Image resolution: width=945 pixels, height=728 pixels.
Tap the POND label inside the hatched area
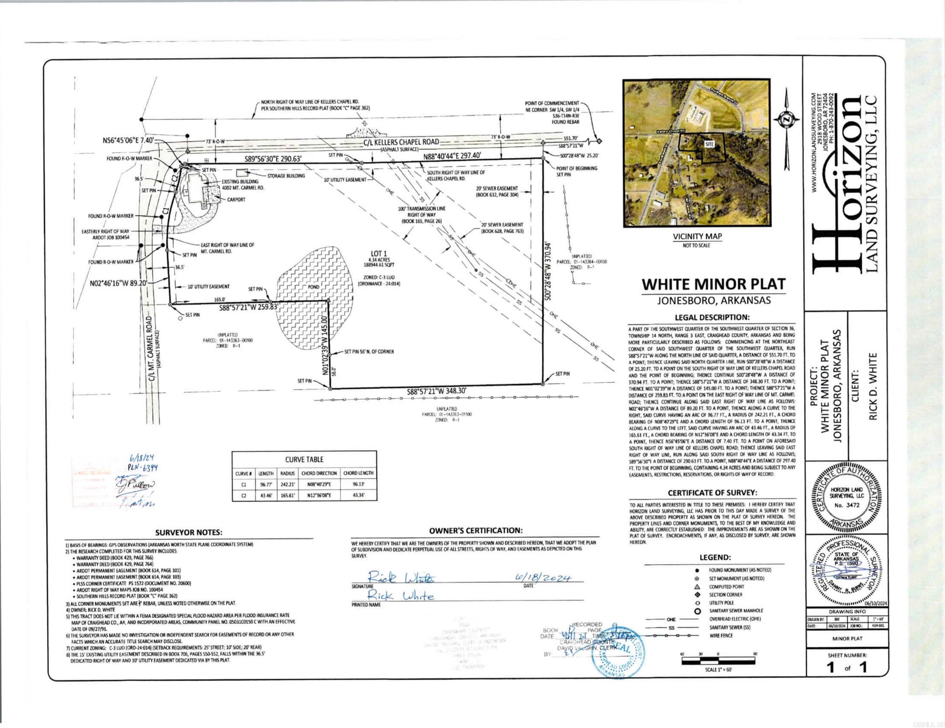(x=313, y=287)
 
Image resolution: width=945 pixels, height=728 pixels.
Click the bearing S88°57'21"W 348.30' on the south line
(x=436, y=391)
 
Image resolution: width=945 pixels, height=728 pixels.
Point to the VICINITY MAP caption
(x=697, y=236)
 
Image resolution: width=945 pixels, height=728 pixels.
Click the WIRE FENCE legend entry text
(x=719, y=635)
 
